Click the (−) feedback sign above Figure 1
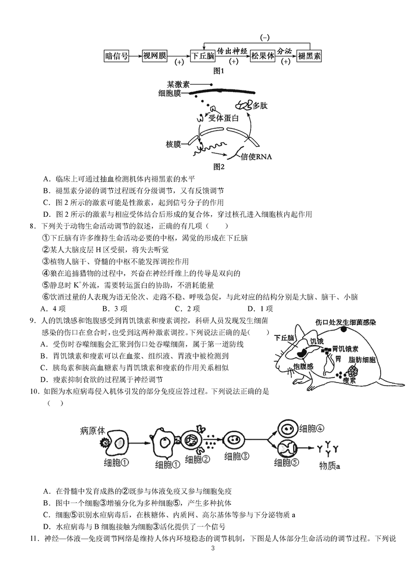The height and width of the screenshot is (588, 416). pyautogui.click(x=264, y=37)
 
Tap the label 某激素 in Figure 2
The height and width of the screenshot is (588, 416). pyautogui.click(x=178, y=84)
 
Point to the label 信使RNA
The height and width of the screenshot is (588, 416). pyautogui.click(x=257, y=155)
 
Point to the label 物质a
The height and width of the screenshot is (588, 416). pyautogui.click(x=329, y=466)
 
